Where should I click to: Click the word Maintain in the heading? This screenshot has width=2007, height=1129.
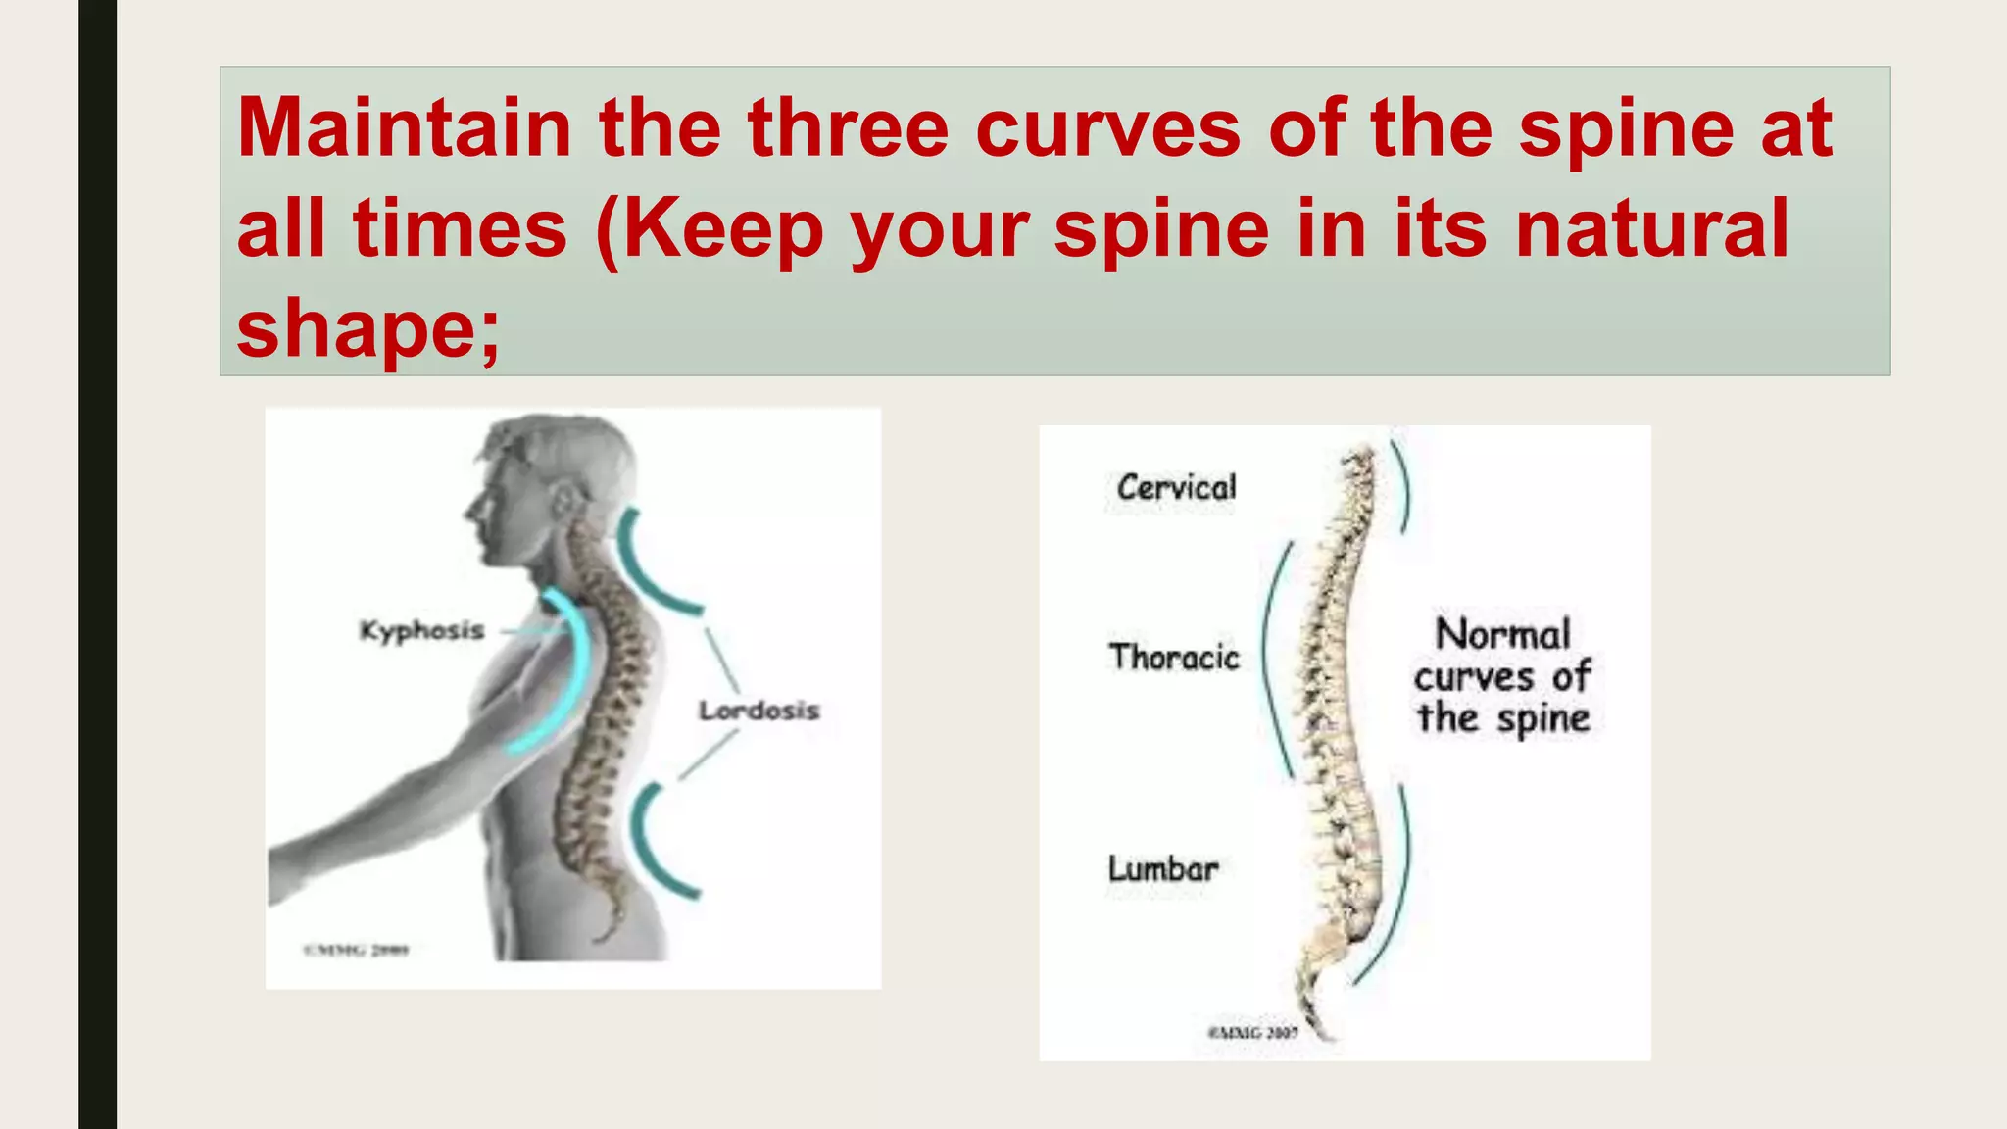pos(404,128)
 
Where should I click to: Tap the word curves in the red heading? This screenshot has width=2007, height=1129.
pos(1107,128)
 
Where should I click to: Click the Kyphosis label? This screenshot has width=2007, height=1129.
pos(421,630)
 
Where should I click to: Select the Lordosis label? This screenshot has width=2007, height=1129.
pos(759,711)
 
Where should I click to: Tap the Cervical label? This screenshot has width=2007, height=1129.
pos(1176,488)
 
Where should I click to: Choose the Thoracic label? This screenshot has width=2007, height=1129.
pos(1174,657)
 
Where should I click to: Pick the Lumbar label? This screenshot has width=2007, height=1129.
pos(1163,868)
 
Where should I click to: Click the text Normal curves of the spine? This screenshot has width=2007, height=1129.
pos(1502,676)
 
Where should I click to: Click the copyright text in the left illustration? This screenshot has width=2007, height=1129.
pos(356,949)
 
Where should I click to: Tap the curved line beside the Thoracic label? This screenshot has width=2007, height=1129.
pos(1270,657)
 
